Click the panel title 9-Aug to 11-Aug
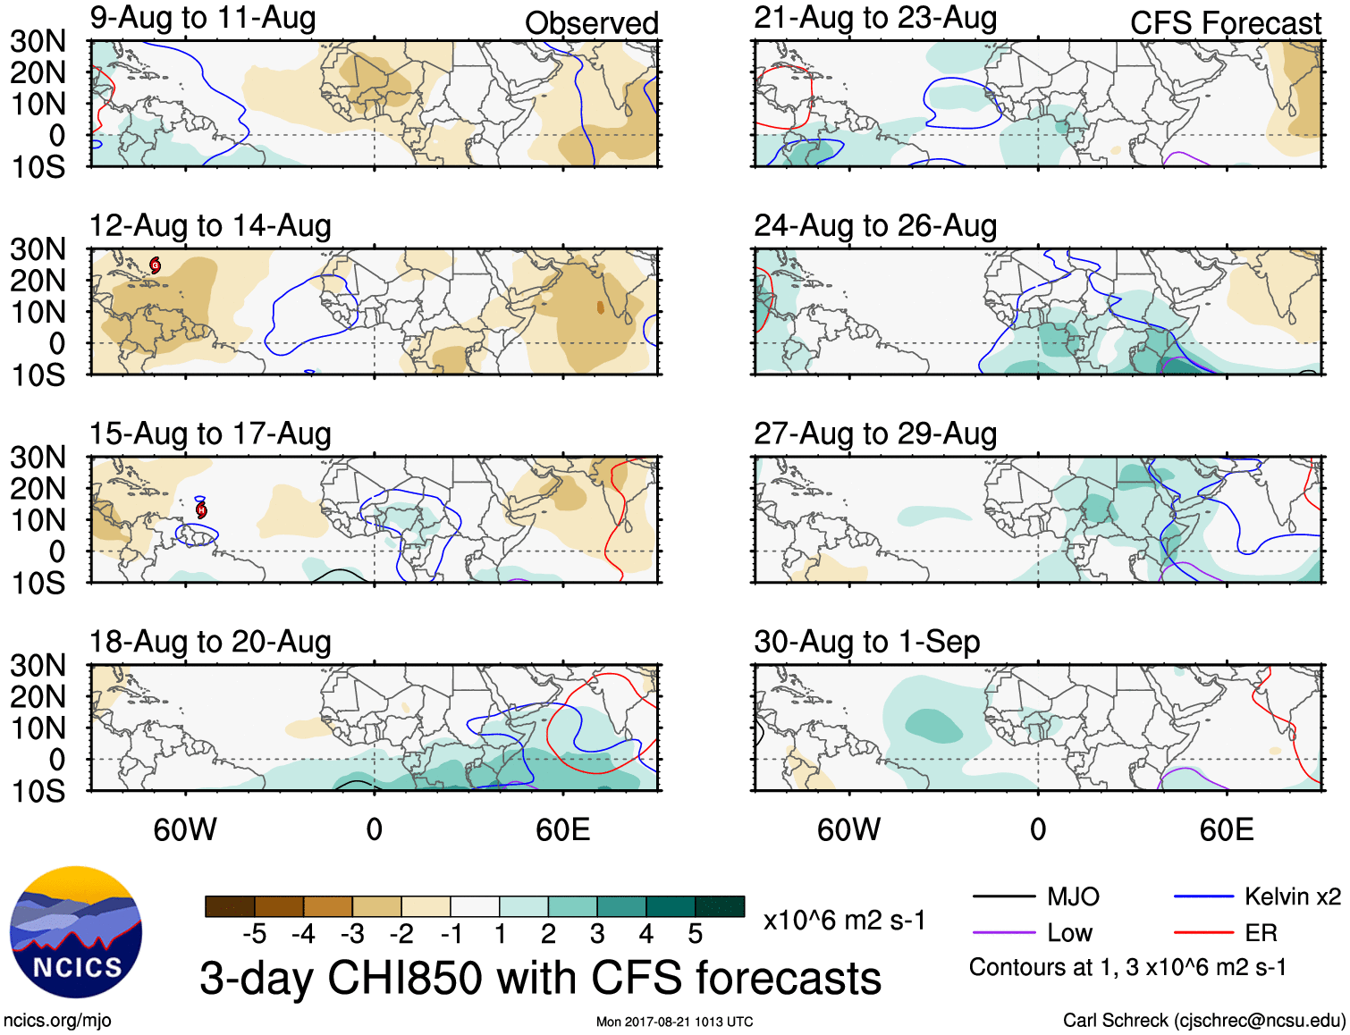[x=203, y=18]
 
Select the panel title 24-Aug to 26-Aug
[x=875, y=226]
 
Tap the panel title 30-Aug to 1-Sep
[x=866, y=642]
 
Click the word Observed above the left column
[x=591, y=23]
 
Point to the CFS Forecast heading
[x=1225, y=23]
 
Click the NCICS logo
[x=76, y=932]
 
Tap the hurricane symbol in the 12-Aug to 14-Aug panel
[x=156, y=265]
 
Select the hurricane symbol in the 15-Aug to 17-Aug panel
[x=202, y=509]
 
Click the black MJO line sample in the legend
[x=1003, y=896]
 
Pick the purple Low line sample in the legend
[x=1003, y=933]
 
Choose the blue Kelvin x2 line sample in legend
[x=1203, y=896]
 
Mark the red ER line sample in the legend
[x=1203, y=933]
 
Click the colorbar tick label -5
[x=255, y=934]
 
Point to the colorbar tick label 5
[x=695, y=934]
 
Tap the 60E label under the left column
[x=562, y=830]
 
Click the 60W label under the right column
[x=848, y=830]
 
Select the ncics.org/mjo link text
[x=57, y=1021]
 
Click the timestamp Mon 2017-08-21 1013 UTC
[x=674, y=1022]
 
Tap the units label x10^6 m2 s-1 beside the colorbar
[x=844, y=921]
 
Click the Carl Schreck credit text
[x=1203, y=1021]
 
